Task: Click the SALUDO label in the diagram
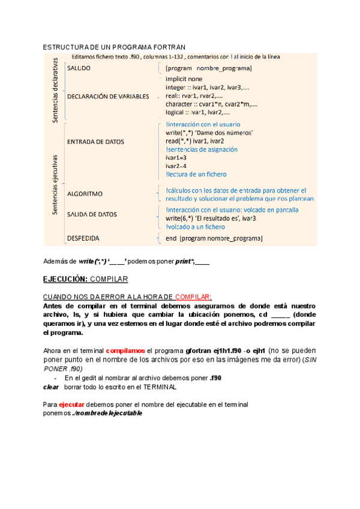click(79, 68)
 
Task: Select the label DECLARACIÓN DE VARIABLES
click(108, 96)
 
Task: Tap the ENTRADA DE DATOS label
click(95, 142)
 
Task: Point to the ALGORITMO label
click(85, 194)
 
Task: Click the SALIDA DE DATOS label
click(92, 214)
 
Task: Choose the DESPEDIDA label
click(83, 238)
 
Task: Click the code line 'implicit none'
click(184, 79)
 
